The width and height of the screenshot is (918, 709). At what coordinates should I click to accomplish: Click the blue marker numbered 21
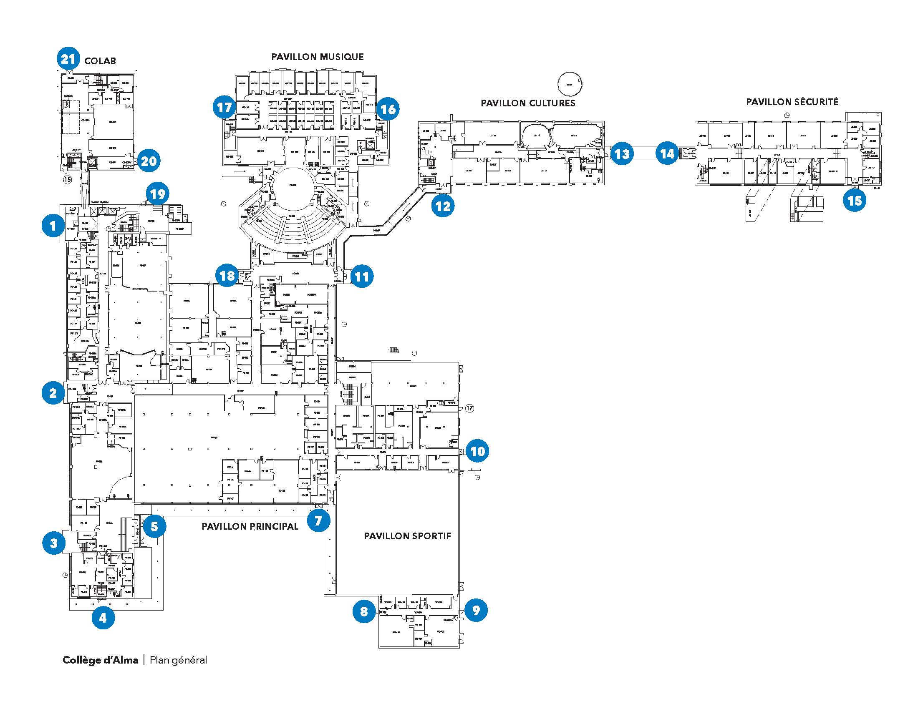click(68, 59)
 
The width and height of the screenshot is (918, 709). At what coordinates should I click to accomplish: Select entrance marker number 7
click(318, 521)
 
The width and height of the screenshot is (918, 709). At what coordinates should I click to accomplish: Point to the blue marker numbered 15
click(855, 200)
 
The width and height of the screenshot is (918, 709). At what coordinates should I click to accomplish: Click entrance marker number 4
click(103, 618)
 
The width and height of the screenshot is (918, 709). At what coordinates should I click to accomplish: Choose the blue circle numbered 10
click(477, 451)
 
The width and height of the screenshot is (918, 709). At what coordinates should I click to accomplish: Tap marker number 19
click(157, 194)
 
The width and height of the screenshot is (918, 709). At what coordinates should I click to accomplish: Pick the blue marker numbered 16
click(388, 109)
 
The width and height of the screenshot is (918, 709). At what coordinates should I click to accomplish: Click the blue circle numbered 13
click(622, 154)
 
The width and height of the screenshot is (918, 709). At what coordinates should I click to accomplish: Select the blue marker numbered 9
click(476, 610)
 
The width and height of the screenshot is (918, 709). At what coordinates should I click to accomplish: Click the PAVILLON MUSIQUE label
click(318, 57)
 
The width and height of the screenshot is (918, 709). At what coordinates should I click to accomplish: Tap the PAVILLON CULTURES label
click(528, 103)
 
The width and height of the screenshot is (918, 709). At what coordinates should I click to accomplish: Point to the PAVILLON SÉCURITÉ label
click(792, 102)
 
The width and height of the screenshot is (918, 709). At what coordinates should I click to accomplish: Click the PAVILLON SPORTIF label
click(407, 536)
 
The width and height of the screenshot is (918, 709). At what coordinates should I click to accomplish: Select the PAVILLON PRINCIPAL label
click(250, 526)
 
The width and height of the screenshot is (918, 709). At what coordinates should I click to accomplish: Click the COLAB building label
click(100, 61)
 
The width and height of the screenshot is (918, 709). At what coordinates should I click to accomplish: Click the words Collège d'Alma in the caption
click(101, 660)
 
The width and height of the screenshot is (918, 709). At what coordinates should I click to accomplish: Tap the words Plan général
click(178, 660)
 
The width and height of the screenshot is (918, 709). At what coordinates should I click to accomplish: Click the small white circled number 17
click(469, 408)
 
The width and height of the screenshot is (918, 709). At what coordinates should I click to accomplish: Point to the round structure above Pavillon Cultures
click(570, 84)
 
